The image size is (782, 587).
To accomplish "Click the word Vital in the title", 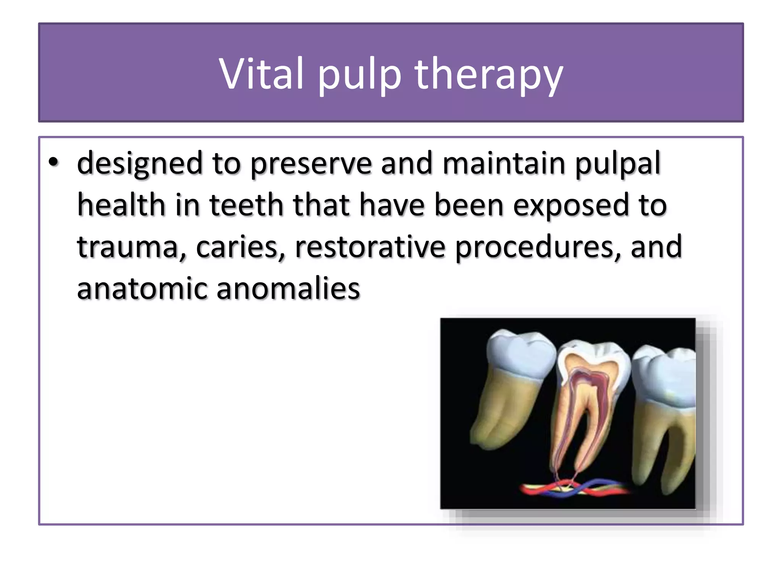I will (x=262, y=73).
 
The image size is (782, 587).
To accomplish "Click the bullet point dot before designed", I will (x=53, y=162).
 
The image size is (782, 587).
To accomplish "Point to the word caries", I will (x=240, y=248).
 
